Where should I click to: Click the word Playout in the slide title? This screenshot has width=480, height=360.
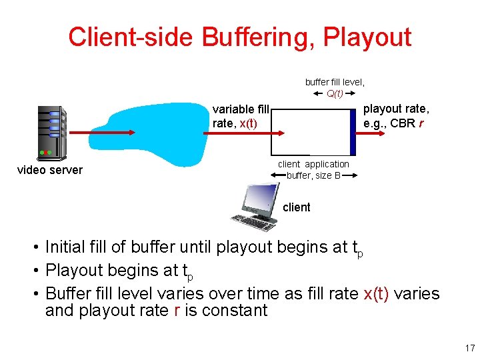tap(367, 37)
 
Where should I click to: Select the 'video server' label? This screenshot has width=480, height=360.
tap(49, 170)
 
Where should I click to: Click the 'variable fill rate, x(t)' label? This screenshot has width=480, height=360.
tap(241, 116)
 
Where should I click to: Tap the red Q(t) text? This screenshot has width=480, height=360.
tap(335, 93)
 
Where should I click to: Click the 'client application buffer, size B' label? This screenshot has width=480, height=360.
tap(313, 169)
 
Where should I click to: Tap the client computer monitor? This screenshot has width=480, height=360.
tap(260, 201)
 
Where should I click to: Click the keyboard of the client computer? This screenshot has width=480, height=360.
tap(250, 223)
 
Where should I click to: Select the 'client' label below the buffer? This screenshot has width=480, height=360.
tap(297, 207)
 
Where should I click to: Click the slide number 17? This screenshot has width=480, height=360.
tap(469, 348)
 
